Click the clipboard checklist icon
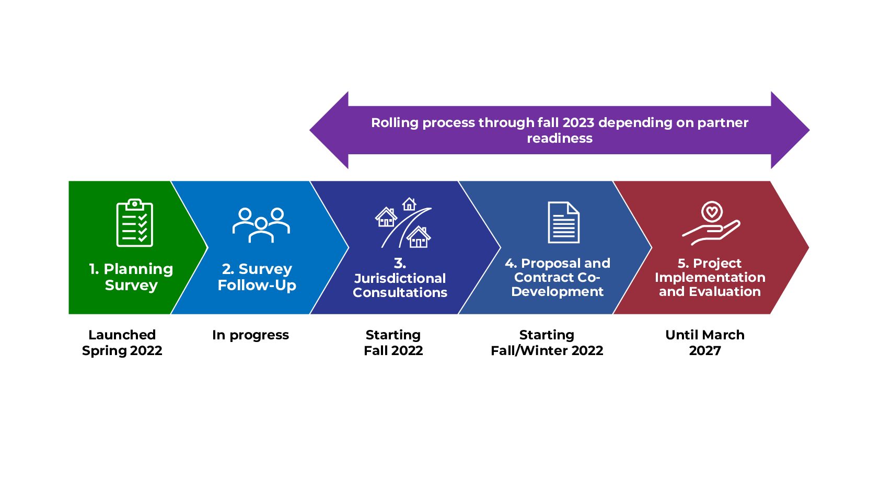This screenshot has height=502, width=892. [135, 223]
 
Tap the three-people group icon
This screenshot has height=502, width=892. [261, 225]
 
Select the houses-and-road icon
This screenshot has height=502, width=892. [403, 223]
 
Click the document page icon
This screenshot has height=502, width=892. [563, 222]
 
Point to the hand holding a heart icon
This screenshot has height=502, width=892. [711, 223]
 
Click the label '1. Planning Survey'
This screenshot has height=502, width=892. [131, 277]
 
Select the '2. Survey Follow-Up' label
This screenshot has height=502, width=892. [257, 277]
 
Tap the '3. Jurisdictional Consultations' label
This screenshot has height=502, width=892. [400, 278]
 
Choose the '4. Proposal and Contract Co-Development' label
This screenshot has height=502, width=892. [558, 277]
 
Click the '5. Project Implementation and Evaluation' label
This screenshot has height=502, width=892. [710, 277]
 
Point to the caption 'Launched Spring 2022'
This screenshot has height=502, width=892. [122, 343]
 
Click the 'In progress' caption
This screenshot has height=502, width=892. [250, 335]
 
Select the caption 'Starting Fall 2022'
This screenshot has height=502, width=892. [393, 343]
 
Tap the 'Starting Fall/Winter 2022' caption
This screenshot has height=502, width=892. [547, 343]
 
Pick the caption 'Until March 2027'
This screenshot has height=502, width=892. [705, 343]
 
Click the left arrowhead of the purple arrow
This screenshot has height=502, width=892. [329, 130]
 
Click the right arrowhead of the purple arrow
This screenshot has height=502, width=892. [790, 130]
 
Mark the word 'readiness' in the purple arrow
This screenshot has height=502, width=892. [560, 138]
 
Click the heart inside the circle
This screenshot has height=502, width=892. [712, 211]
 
